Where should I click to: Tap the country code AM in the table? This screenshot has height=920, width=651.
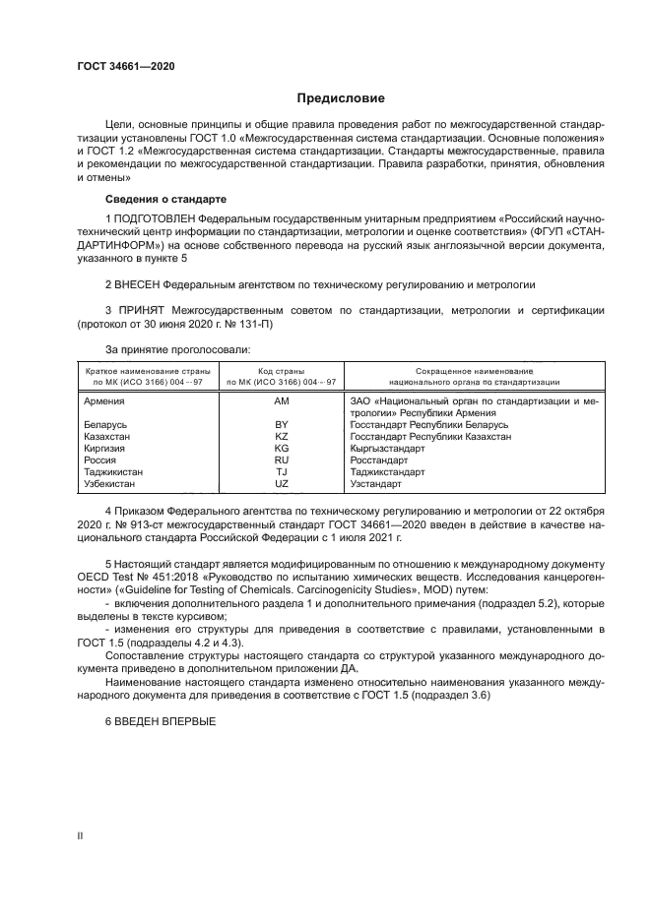tap(282, 401)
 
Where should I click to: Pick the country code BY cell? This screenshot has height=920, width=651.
tap(282, 424)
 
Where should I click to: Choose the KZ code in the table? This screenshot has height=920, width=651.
tap(282, 436)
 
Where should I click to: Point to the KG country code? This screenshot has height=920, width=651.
tap(282, 448)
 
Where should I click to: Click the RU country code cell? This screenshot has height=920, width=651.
tap(282, 460)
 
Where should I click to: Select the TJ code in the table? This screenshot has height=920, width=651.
tap(282, 471)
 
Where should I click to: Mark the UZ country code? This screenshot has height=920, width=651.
tap(282, 483)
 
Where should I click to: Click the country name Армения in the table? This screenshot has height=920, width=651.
tap(104, 401)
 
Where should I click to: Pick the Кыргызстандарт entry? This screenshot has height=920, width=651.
tap(388, 448)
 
